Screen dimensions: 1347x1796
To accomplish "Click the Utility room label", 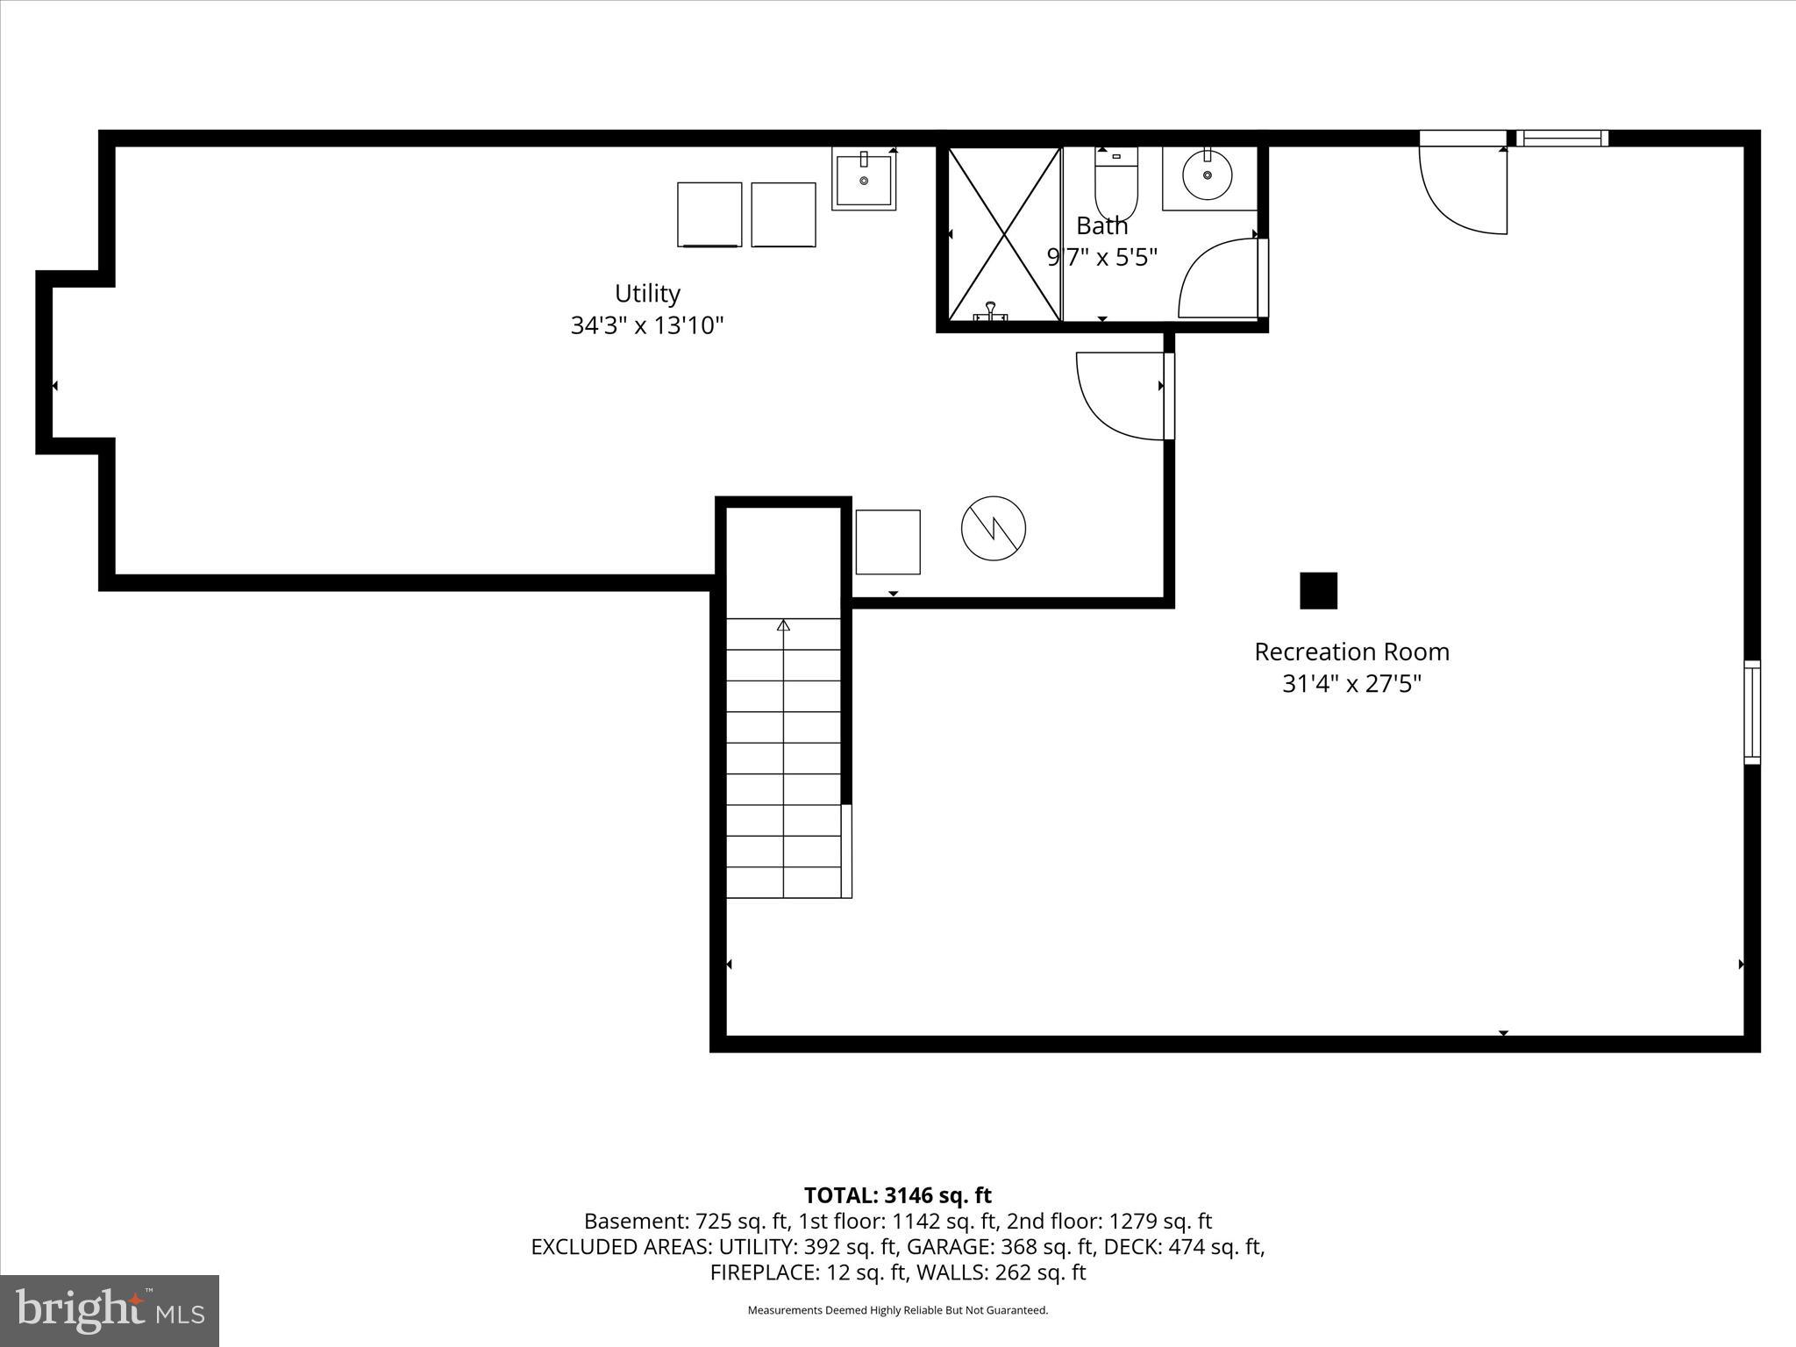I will tap(647, 293).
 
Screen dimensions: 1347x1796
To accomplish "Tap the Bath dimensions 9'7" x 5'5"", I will tap(1102, 258).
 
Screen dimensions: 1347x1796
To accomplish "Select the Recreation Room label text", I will tap(1351, 652).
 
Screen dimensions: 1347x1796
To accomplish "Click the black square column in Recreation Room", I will tap(1318, 590).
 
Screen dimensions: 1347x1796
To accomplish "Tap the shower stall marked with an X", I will tap(1004, 234).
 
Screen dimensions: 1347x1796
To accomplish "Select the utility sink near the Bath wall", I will tap(864, 179).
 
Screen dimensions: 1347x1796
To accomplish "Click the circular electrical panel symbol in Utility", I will tap(993, 528).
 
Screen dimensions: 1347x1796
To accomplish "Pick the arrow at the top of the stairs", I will tap(783, 625).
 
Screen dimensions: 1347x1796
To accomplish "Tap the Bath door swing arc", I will tap(1219, 278).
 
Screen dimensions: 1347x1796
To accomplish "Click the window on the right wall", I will tap(1751, 712).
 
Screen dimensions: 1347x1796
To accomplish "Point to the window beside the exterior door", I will tap(1562, 138).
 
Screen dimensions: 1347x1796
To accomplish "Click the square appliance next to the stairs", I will tap(887, 542).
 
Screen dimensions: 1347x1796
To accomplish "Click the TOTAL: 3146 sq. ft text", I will tap(897, 1195).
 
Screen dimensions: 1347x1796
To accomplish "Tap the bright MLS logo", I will tap(110, 1310).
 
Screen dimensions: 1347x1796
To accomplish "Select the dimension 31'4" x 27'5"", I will tap(1351, 684).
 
